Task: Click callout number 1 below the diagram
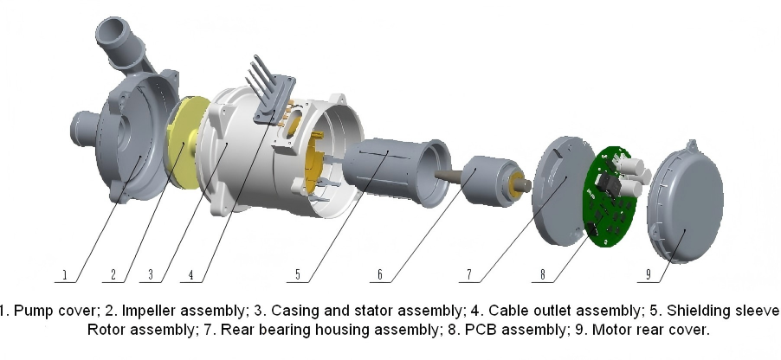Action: click(64, 274)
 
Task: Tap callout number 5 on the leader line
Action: click(298, 274)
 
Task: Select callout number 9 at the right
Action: click(649, 274)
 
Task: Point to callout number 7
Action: click(469, 274)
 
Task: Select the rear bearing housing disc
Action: click(562, 191)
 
